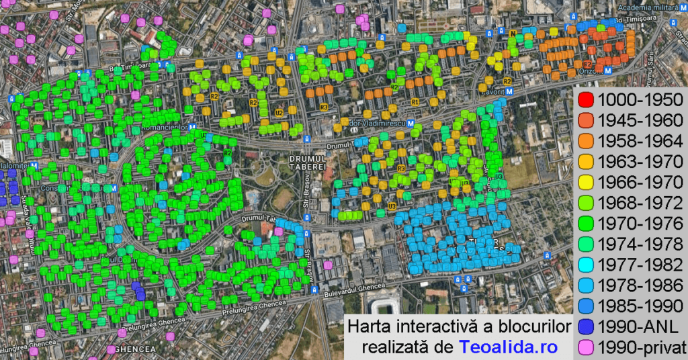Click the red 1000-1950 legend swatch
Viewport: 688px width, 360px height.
tap(585, 101)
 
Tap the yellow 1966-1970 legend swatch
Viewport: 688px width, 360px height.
tap(585, 183)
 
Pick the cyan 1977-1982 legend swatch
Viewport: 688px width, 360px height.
tap(585, 265)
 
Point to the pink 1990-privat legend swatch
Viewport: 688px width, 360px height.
tap(585, 347)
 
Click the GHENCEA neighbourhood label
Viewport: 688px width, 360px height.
tap(134, 349)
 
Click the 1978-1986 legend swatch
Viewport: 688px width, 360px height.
tap(585, 285)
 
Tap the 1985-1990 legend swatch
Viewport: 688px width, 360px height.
tap(585, 306)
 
